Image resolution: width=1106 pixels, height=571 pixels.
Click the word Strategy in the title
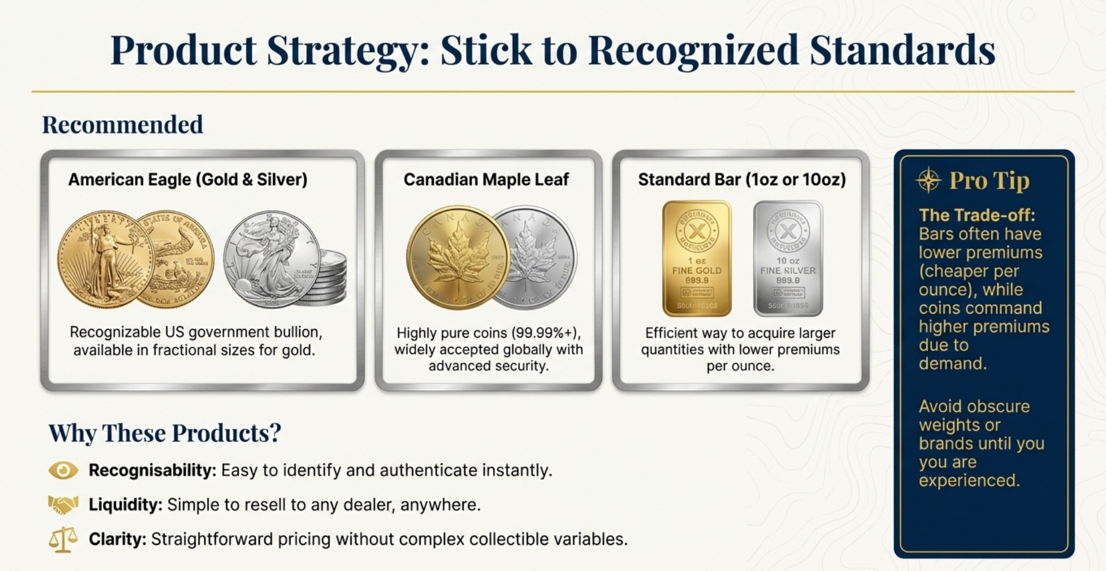click(346, 51)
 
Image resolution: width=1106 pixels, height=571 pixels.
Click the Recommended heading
click(123, 125)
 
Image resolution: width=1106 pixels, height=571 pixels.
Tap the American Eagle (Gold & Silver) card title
click(188, 180)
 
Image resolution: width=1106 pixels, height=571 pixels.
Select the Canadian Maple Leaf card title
click(486, 180)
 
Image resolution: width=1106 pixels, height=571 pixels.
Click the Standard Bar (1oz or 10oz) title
click(741, 180)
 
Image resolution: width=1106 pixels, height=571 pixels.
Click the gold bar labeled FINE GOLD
click(696, 258)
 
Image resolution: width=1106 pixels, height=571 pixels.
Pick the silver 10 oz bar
click(788, 258)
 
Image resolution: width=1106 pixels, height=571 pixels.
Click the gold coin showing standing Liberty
click(104, 259)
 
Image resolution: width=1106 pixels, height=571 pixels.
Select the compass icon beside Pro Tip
click(928, 180)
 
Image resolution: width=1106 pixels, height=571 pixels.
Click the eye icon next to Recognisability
click(63, 470)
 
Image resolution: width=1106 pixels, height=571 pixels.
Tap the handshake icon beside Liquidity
click(63, 504)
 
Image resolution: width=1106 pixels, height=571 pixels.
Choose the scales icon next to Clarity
click(63, 539)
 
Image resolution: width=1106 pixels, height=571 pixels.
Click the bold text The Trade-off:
click(977, 215)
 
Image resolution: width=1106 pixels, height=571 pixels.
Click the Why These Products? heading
click(164, 433)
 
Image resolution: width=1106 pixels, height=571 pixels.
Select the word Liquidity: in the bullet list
click(125, 505)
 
